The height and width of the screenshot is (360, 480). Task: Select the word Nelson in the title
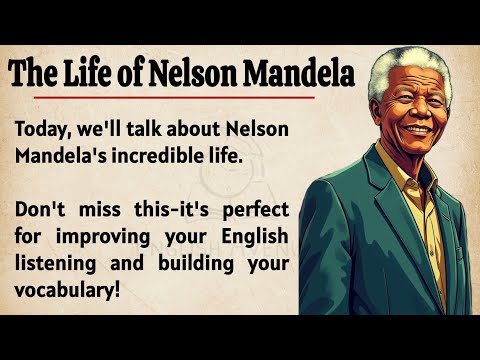point(195,73)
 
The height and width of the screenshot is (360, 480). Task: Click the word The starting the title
point(40,73)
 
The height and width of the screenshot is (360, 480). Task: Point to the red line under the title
point(170,97)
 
